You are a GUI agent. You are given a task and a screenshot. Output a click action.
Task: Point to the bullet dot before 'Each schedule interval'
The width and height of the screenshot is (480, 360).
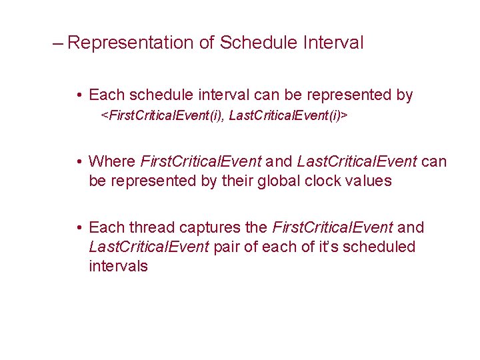tap(79, 95)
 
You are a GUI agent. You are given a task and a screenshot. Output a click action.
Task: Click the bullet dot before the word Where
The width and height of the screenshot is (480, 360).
tap(79, 162)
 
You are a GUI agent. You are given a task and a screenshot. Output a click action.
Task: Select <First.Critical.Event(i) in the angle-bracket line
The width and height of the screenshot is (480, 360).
tap(162, 116)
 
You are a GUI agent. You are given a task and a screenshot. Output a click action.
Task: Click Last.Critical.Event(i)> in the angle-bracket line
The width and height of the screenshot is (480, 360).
tap(289, 116)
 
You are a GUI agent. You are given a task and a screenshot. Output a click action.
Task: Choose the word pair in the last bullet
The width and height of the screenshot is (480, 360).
tap(227, 247)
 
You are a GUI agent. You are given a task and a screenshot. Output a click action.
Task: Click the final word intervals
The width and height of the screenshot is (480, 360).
tap(118, 267)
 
